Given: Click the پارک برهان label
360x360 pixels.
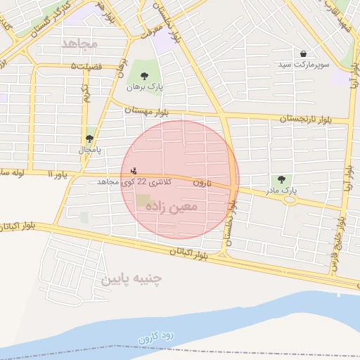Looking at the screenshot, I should click(144, 88).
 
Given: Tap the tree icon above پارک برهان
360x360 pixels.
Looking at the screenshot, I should click(144, 76).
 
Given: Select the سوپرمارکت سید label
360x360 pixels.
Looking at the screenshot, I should click(302, 65).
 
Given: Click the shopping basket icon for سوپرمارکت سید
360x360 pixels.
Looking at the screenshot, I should click(303, 53).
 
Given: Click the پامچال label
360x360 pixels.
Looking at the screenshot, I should click(89, 150).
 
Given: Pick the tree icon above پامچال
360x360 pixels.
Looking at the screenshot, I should click(89, 139).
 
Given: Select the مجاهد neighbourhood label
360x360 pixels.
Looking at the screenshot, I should click(79, 44).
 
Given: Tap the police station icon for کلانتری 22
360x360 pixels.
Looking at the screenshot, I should click(134, 170).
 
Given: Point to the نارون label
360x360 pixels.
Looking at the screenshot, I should click(202, 183).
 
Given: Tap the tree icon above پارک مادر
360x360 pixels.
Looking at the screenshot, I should click(282, 179).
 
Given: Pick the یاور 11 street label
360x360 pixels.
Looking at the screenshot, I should click(60, 174).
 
